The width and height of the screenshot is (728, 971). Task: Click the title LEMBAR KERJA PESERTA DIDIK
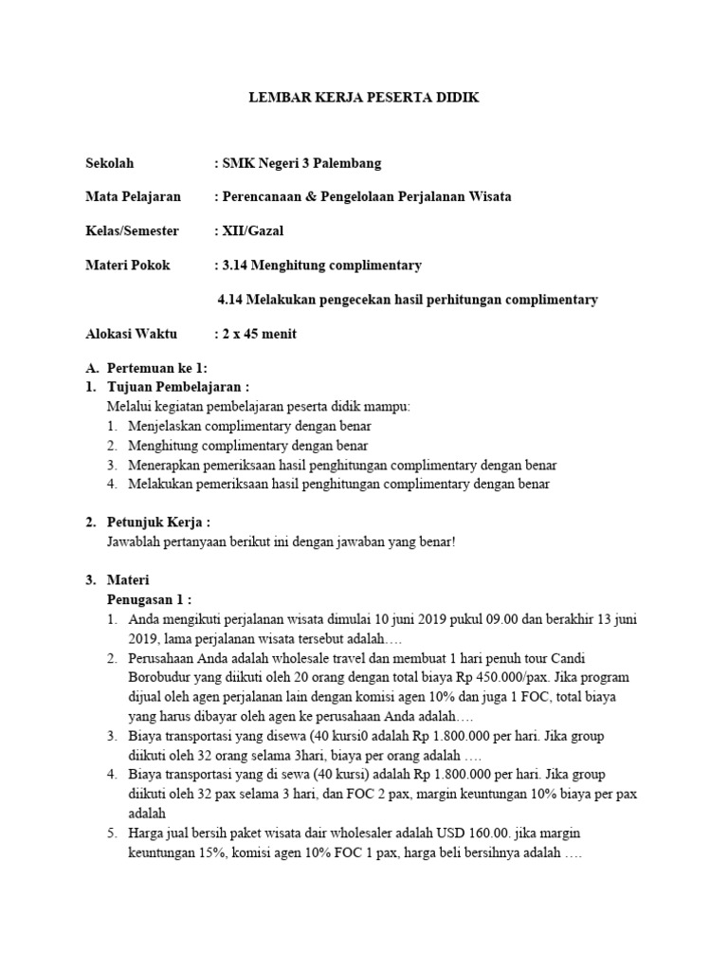(x=364, y=98)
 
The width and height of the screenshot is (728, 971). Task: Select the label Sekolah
(x=110, y=163)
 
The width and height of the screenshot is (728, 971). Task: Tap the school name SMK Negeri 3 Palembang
(x=301, y=163)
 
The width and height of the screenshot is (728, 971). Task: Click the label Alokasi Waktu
(x=128, y=334)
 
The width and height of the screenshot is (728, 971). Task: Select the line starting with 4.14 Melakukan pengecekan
(x=408, y=300)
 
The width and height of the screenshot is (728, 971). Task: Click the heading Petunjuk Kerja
(x=160, y=522)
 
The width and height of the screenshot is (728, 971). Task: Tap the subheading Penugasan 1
(x=149, y=599)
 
